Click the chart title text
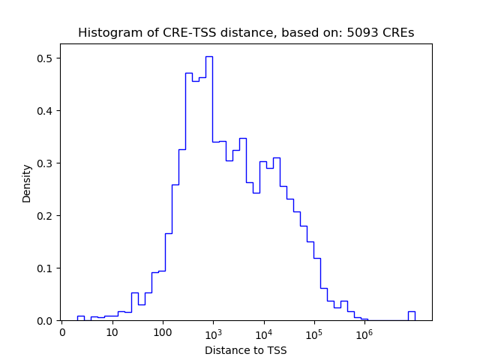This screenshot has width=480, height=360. (246, 33)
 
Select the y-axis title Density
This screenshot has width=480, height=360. (27, 183)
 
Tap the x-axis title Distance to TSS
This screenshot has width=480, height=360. (246, 350)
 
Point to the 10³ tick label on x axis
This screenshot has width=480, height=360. (213, 331)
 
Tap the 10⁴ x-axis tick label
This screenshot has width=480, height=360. (263, 331)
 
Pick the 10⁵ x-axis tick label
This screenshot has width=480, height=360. (313, 331)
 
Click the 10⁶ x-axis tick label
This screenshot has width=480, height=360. (364, 331)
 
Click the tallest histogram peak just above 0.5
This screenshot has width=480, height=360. (209, 57)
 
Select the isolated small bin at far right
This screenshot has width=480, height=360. (411, 316)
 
